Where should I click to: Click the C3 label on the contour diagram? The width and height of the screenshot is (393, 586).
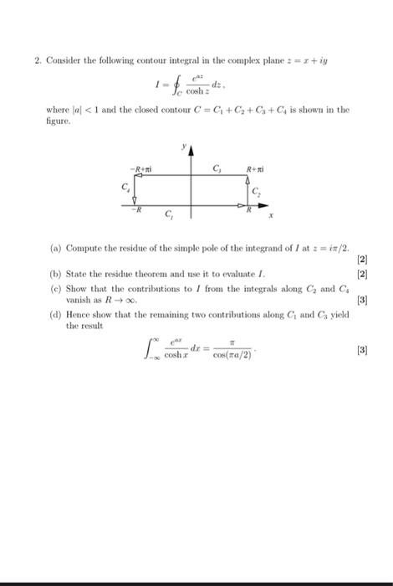tap(217, 170)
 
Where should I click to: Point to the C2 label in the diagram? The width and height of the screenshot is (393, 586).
tap(257, 193)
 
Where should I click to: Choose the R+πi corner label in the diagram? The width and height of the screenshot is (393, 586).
tap(256, 171)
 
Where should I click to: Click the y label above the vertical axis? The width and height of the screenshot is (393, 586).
tap(185, 146)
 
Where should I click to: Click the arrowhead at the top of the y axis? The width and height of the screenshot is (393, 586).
tap(191, 152)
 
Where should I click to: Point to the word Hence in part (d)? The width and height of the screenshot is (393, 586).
tap(79, 314)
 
